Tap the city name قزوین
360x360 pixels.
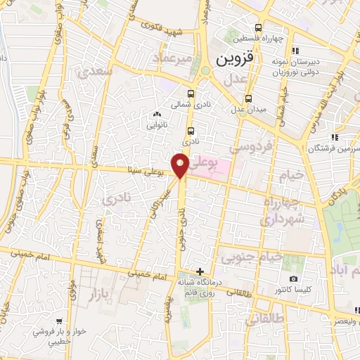click(232, 58)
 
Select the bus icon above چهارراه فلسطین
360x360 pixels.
click(259, 28)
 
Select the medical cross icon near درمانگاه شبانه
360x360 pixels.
click(200, 271)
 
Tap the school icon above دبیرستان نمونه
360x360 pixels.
click(295, 49)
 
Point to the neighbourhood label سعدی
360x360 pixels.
click(95, 72)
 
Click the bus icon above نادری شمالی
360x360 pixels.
click(192, 93)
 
